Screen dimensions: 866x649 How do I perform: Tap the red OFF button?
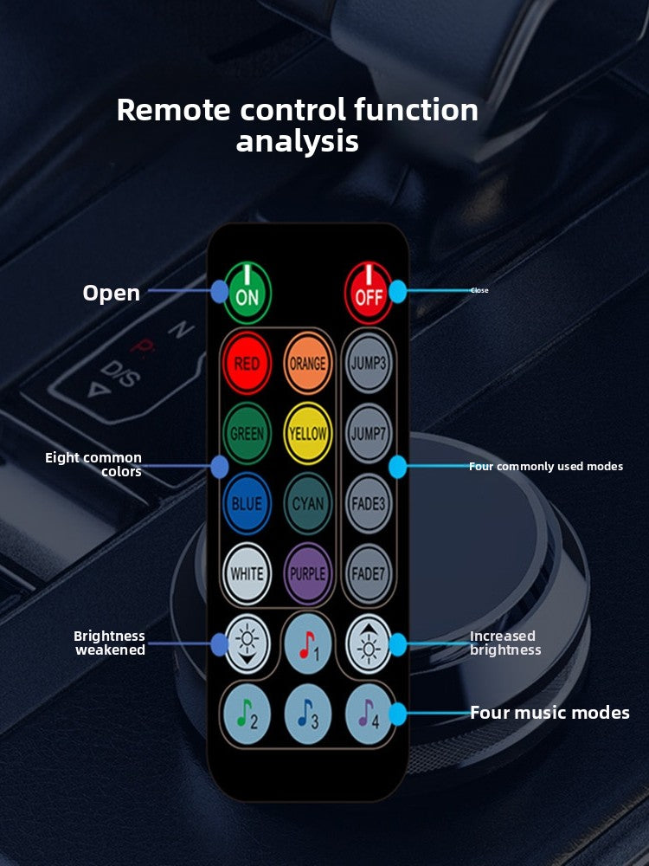368,293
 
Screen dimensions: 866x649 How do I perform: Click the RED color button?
247,363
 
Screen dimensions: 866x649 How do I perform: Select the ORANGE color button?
307,363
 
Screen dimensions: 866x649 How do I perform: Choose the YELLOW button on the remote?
307,433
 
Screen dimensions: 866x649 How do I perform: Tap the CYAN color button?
307,503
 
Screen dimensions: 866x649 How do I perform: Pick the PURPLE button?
307,573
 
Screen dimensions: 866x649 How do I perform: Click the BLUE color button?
247,503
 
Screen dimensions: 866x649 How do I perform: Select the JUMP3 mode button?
369,363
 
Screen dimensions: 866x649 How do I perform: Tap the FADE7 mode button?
369,573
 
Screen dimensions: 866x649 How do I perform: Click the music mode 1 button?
307,643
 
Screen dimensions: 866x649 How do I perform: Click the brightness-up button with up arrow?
369,643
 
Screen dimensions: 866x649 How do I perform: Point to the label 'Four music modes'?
549,713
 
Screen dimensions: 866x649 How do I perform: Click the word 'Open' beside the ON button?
111,293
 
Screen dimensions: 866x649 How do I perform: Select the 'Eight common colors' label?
93,464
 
